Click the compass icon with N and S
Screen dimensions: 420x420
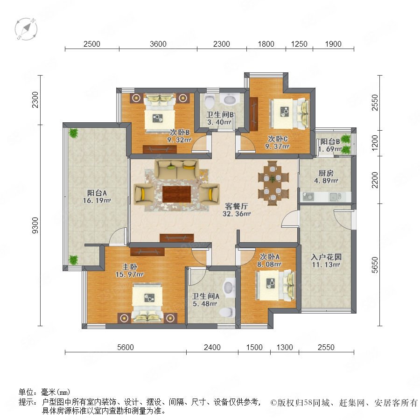pyautogui.click(x=26, y=29)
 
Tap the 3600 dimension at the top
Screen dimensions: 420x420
pyautogui.click(x=158, y=44)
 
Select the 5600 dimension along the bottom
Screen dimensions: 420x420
pyautogui.click(x=126, y=347)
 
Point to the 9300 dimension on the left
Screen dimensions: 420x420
pyautogui.click(x=35, y=225)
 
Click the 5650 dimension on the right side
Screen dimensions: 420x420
pyautogui.click(x=375, y=265)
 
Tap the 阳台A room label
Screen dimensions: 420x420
pyautogui.click(x=97, y=193)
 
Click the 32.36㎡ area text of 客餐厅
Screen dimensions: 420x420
pyautogui.click(x=237, y=214)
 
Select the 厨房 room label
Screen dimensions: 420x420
pyautogui.click(x=326, y=173)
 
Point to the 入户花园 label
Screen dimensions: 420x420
pyautogui.click(x=326, y=257)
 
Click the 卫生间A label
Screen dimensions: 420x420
pyautogui.click(x=205, y=296)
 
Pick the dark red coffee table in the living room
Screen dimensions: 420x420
pyautogui.click(x=176, y=194)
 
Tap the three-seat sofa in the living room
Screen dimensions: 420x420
pyautogui.click(x=176, y=170)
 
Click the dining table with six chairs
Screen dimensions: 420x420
pyautogui.click(x=273, y=183)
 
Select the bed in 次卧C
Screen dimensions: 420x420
pyautogui.click(x=289, y=113)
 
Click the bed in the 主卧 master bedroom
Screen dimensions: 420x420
pyautogui.click(x=147, y=302)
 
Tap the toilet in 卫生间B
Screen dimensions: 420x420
pyautogui.click(x=210, y=101)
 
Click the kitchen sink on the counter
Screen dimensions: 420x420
pyautogui.click(x=308, y=196)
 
